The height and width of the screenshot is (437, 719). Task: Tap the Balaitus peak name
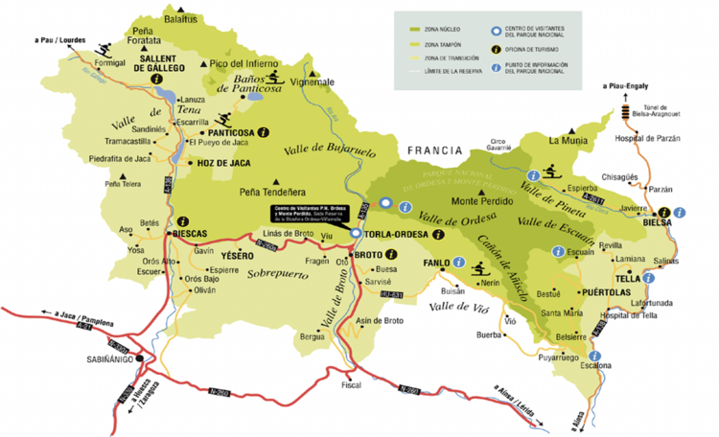[179, 18]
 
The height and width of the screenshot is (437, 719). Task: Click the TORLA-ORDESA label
[394, 234]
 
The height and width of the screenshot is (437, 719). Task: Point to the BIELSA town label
[657, 222]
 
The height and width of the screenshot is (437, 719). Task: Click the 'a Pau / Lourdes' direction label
[60, 40]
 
